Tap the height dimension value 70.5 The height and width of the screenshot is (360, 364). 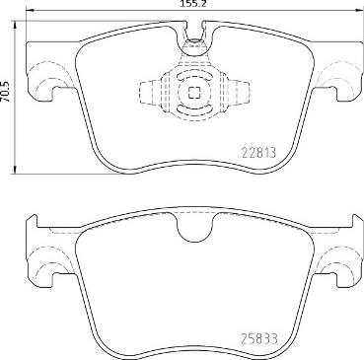(7, 100)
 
